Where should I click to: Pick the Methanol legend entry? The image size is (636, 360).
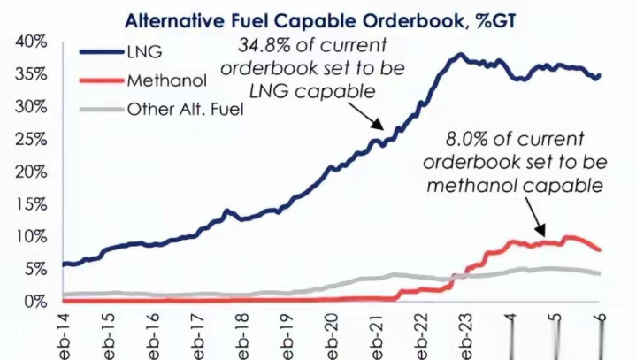[x=166, y=81]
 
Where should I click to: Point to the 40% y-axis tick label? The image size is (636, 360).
[x=29, y=42]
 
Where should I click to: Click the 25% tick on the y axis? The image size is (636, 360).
[x=29, y=139]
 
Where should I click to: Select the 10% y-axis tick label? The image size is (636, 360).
[x=29, y=236]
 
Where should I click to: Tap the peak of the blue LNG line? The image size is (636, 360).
[x=460, y=55]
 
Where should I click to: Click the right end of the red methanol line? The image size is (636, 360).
[x=600, y=249]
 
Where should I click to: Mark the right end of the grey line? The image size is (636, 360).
[x=600, y=273]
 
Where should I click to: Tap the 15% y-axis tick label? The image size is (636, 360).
[x=29, y=204]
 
